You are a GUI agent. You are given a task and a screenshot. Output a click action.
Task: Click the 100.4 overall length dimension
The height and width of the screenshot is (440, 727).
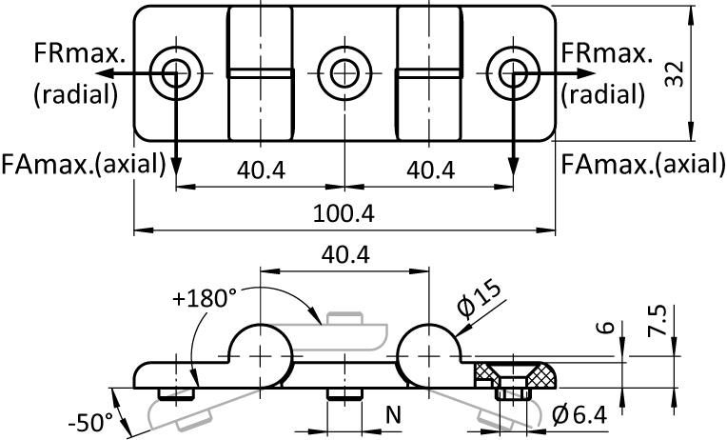(x=344, y=213)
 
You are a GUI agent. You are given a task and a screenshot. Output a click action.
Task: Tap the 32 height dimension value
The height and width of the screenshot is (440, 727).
(x=674, y=73)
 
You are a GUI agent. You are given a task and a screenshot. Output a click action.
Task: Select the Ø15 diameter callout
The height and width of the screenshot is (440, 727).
(x=479, y=300)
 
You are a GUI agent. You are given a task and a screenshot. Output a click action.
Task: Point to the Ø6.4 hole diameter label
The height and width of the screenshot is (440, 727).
(x=580, y=414)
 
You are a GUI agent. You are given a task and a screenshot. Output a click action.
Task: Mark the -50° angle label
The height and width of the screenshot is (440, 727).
(x=90, y=422)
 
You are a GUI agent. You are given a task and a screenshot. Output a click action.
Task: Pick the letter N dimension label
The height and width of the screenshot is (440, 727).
(x=393, y=414)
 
